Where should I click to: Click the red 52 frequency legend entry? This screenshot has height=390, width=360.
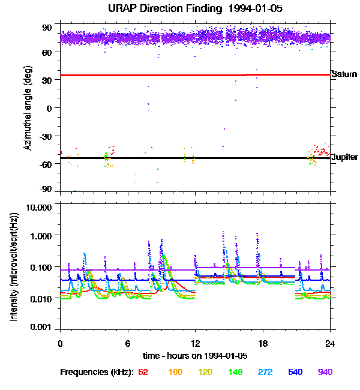tap(143, 372)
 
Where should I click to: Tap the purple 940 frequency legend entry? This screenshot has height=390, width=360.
tap(325, 372)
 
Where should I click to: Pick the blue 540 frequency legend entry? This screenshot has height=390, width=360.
tap(294, 372)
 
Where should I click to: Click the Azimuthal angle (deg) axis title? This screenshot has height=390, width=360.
tap(27, 108)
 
